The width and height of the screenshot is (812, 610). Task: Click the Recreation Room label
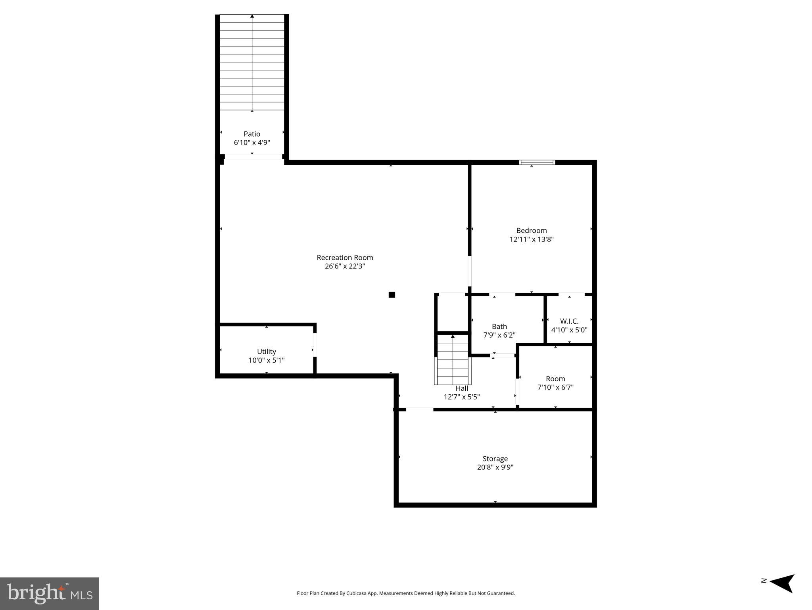345,257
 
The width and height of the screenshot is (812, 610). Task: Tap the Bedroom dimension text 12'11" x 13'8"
531,239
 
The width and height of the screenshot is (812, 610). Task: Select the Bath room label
499,326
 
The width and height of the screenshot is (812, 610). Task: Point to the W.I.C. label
569,321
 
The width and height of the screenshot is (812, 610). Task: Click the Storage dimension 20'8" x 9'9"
495,467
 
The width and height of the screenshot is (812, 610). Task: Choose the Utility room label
266,351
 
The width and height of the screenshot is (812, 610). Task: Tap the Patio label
252,134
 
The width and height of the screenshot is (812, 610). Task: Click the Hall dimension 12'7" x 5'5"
461,396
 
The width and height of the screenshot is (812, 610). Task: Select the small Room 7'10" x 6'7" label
555,378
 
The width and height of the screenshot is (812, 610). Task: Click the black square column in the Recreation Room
392,294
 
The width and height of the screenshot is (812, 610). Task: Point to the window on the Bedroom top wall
537,162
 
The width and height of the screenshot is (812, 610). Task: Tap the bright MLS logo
50,593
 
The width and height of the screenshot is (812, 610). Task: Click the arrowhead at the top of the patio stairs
252,16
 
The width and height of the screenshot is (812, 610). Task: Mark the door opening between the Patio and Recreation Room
253,156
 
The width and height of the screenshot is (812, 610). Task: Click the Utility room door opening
315,345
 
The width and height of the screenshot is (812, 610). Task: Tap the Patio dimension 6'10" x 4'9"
252,143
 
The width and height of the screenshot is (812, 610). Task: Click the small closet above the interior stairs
452,312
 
